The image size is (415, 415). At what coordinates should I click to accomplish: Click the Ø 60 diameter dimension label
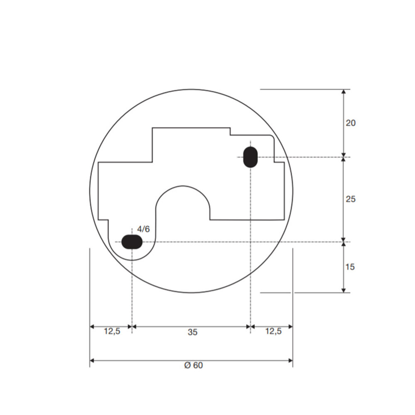click(193, 365)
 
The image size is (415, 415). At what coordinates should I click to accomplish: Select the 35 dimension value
click(193, 332)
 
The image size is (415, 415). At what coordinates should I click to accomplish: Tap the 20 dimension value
click(351, 123)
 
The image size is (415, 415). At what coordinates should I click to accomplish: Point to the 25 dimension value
click(351, 199)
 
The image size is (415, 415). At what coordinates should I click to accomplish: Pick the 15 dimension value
click(350, 267)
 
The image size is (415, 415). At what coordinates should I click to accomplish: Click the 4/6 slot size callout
click(143, 229)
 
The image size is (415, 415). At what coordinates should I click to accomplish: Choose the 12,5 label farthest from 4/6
click(273, 331)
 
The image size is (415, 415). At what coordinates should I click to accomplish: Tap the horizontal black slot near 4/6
click(132, 242)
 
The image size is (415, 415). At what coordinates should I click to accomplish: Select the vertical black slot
click(250, 157)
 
